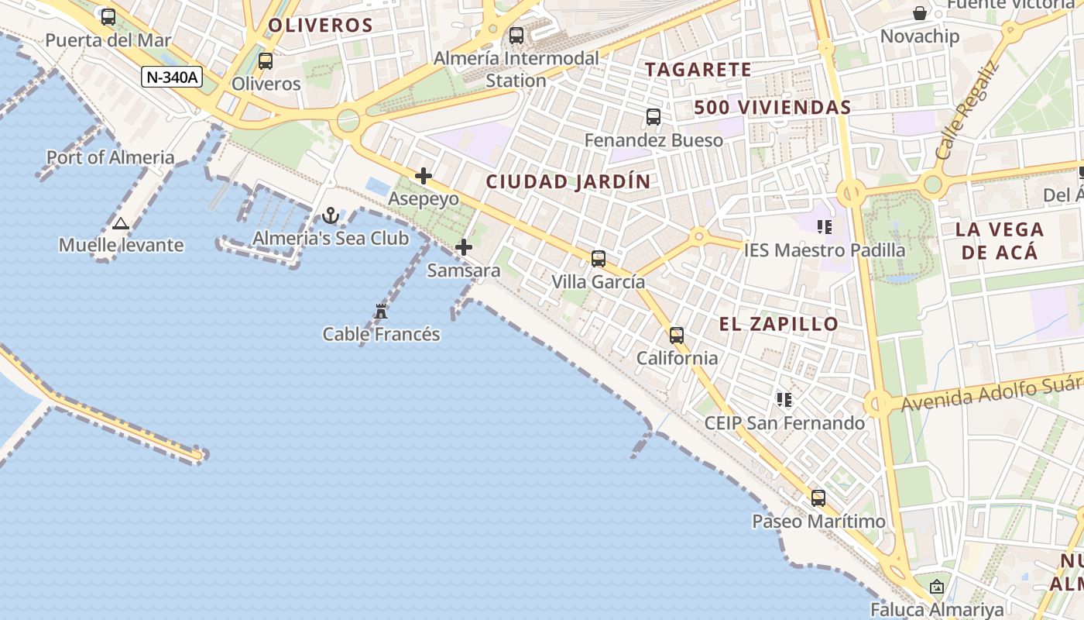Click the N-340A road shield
point(172,77)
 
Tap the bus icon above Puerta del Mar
point(108,17)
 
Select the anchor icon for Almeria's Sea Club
point(331,215)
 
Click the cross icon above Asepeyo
point(424,176)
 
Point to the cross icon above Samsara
point(464,248)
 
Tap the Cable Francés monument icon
point(381,312)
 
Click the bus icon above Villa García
point(599,259)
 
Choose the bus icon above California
point(677,336)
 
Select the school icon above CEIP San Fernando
point(784,400)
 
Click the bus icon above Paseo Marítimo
point(818,498)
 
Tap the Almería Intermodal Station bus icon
point(516,36)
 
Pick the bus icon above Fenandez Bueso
point(653,117)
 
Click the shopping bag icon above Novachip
point(920,13)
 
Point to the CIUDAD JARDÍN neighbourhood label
point(568,182)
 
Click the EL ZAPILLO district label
point(779,324)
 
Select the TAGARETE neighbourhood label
point(698,70)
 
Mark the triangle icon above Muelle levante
point(120,224)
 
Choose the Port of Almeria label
point(111,157)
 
